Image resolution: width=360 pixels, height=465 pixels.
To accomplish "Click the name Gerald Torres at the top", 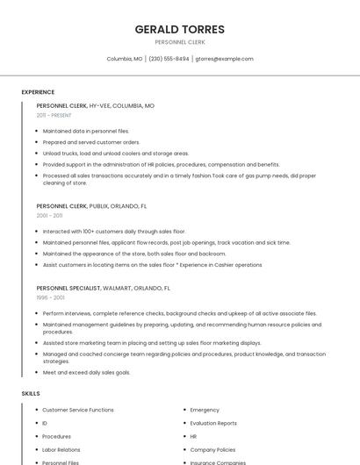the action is [179, 29].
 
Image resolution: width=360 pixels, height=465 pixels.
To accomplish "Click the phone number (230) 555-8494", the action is [169, 59].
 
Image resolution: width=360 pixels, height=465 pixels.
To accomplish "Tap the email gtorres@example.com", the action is [224, 59].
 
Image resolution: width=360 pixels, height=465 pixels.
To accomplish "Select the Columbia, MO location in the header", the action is [125, 59].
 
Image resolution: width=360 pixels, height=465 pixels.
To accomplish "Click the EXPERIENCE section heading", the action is [38, 92].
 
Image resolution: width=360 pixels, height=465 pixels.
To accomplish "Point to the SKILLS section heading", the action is [31, 394].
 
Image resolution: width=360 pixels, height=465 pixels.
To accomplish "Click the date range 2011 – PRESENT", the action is [54, 115].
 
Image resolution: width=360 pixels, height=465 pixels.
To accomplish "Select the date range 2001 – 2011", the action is [49, 215].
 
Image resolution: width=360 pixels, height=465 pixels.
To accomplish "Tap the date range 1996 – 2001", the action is [50, 297].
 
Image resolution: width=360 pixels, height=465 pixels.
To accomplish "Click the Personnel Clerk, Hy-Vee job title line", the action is [95, 105].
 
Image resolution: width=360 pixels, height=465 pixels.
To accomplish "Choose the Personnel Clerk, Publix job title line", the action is [92, 205].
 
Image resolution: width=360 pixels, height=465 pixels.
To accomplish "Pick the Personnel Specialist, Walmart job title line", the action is [103, 288].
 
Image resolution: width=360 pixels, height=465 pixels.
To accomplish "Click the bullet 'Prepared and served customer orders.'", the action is [91, 142].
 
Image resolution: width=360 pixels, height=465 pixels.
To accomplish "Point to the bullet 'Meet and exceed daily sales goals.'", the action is [86, 372].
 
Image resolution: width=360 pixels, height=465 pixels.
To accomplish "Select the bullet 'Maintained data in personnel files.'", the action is [85, 131].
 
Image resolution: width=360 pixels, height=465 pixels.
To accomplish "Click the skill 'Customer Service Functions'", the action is [78, 410].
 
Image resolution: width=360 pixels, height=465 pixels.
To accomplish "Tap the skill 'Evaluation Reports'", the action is [213, 423].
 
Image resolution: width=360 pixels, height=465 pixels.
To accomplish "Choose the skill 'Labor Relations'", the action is [61, 449].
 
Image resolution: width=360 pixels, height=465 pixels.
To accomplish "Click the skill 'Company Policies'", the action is [212, 449].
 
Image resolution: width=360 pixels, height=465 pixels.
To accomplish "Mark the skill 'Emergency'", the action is [205, 410].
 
